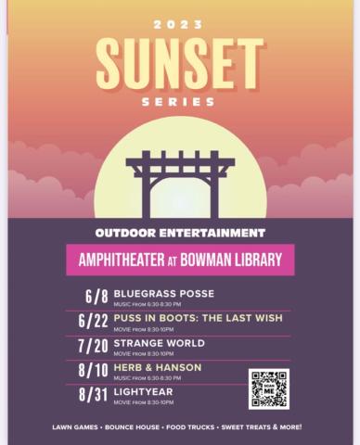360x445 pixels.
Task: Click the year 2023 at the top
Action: tap(179, 22)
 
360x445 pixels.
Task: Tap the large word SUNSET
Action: tap(179, 62)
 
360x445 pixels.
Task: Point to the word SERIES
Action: tap(179, 101)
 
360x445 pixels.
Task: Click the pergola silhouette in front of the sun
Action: tap(180, 182)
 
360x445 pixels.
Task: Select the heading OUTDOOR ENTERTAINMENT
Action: tap(180, 233)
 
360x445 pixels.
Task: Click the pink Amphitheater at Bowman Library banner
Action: tap(180, 260)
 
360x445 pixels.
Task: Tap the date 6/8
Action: tap(96, 298)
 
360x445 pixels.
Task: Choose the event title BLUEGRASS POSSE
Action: tap(164, 294)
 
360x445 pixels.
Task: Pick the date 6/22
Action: tap(94, 322)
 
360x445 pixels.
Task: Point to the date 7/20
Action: tap(94, 346)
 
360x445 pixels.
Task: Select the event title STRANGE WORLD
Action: tap(160, 343)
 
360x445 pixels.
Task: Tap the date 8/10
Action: tap(94, 371)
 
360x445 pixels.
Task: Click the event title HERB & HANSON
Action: tap(157, 367)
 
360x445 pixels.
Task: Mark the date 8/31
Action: tap(94, 395)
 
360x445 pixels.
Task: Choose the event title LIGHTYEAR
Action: tap(143, 391)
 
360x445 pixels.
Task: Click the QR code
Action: tap(268, 388)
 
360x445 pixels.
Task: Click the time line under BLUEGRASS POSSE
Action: tap(147, 304)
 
